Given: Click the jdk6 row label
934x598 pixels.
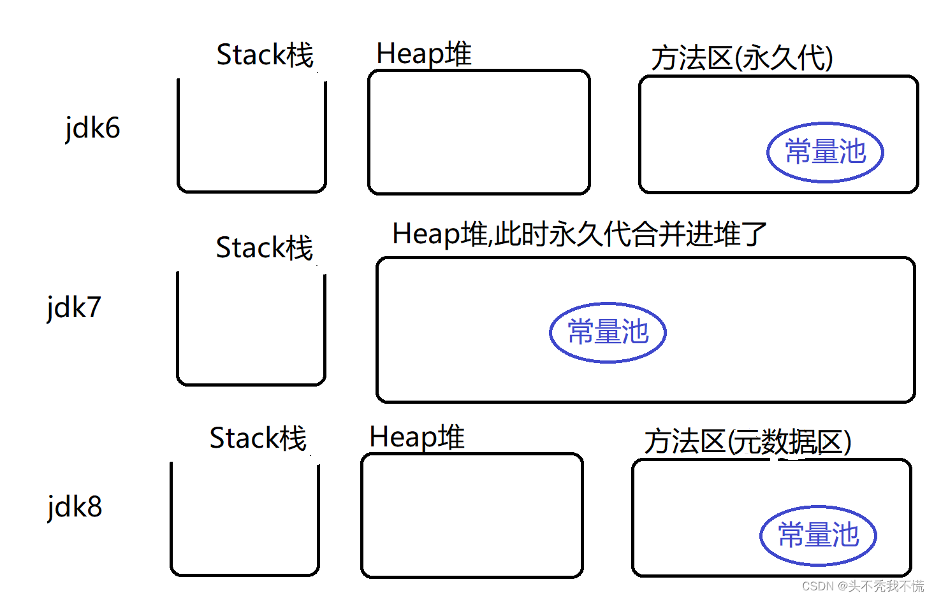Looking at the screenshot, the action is point(92,128).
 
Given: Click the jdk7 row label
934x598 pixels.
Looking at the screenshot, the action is point(74,308).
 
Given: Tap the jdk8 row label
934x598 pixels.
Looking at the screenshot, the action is point(75,507).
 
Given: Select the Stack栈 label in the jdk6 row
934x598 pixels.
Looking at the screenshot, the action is point(265,55).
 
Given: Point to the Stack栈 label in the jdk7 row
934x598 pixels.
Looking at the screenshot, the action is point(264,248).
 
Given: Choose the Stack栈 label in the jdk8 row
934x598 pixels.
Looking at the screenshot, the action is point(258,438).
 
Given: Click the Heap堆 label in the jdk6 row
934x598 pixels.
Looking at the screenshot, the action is point(424,54).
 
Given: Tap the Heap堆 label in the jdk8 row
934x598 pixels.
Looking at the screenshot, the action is point(417,438).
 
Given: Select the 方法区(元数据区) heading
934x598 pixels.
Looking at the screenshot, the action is point(747,442).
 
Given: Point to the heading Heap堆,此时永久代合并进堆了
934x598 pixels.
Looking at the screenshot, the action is point(580,234).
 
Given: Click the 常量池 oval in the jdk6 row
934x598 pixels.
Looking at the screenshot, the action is point(825,152).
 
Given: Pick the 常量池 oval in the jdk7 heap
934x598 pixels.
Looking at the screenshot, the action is point(608,332).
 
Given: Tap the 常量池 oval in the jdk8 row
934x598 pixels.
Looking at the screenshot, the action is point(818,536).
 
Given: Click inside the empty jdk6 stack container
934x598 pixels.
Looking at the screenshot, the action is point(252,137).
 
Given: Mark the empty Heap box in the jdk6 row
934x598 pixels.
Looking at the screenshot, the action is point(479,132).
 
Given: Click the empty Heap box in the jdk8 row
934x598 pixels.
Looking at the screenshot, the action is point(472,516).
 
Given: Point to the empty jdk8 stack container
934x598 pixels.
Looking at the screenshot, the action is point(245,519).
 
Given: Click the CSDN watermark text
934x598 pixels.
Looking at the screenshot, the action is point(863,586).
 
